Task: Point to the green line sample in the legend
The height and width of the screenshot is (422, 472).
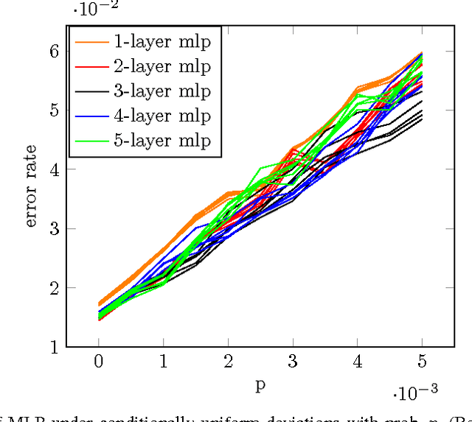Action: (x=93, y=140)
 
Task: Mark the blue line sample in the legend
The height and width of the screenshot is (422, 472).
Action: (x=93, y=116)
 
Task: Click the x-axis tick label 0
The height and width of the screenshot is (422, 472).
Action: (x=99, y=362)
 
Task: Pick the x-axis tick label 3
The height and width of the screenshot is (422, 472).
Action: (x=293, y=362)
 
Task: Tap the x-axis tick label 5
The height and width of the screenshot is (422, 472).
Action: (x=422, y=362)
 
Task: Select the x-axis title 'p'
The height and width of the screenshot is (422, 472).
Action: (x=260, y=386)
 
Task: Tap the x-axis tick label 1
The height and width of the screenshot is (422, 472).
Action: (x=164, y=362)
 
